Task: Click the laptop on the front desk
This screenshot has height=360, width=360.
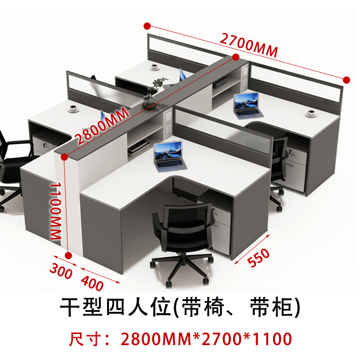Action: point(168,156)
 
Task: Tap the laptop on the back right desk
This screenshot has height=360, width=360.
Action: point(247,105)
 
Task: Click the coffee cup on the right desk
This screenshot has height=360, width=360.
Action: point(310,113)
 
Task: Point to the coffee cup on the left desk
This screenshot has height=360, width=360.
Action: point(73,108)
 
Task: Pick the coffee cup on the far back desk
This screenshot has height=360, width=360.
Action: point(155,67)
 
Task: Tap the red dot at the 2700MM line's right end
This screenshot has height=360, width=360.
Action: point(346,80)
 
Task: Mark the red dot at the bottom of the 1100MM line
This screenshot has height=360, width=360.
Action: point(68,256)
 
